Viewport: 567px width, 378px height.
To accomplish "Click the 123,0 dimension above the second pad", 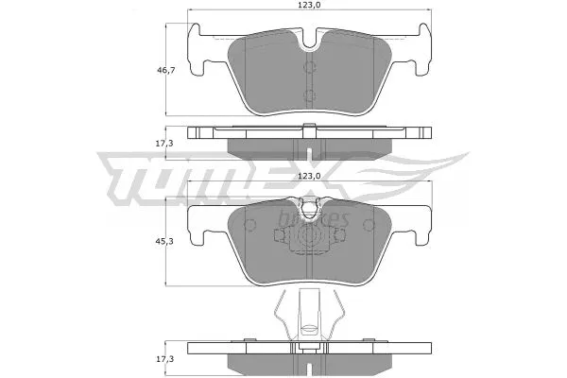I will point(311,176).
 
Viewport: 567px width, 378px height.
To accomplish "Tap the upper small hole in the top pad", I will point(309,66).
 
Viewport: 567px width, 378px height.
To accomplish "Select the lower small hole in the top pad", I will point(309,94).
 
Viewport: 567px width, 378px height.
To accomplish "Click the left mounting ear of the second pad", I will point(202,223).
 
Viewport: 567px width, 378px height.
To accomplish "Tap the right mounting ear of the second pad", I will point(416,223).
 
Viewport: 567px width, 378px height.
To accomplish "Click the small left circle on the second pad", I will point(251,222).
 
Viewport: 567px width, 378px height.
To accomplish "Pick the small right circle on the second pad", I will point(365,222).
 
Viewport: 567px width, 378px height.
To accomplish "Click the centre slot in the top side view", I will point(309,142).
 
